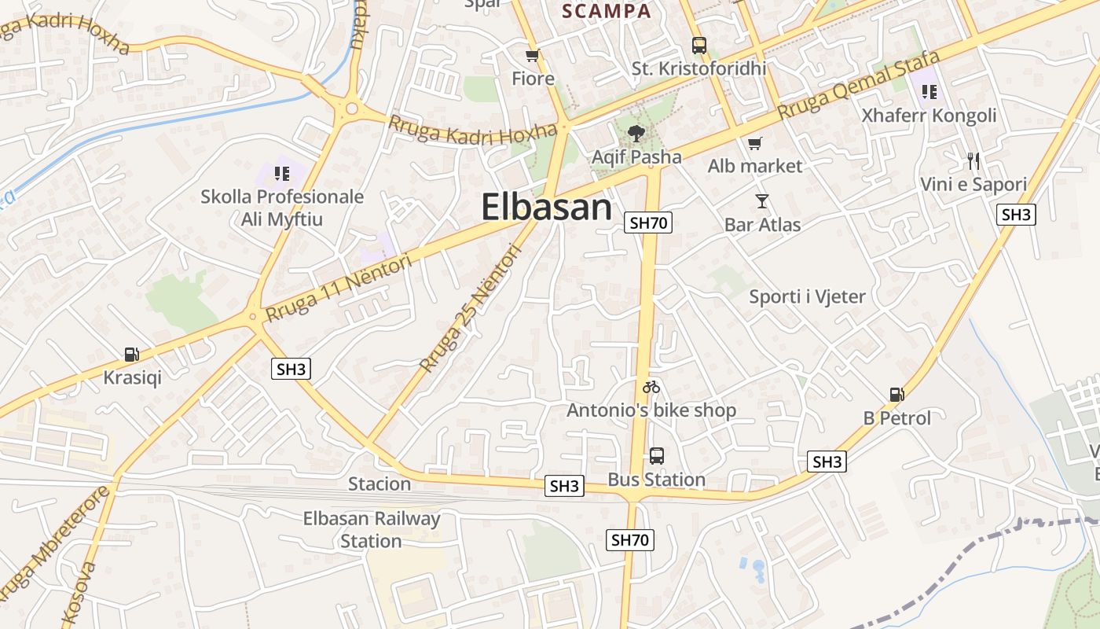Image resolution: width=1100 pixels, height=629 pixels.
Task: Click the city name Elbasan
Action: pyautogui.click(x=546, y=208)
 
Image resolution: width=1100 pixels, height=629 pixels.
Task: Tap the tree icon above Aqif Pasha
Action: pyautogui.click(x=636, y=134)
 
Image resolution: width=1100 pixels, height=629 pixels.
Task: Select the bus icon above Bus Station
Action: pyautogui.click(x=656, y=456)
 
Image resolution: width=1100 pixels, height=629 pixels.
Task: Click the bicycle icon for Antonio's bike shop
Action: pyautogui.click(x=651, y=387)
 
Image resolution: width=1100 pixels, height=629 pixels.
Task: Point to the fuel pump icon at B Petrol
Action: pyautogui.click(x=896, y=395)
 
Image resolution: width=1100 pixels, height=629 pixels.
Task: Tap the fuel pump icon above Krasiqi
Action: pyautogui.click(x=132, y=355)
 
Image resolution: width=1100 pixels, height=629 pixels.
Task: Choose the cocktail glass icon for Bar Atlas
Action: pyautogui.click(x=761, y=201)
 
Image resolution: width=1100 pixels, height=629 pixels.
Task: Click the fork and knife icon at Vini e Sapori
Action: pyautogui.click(x=973, y=162)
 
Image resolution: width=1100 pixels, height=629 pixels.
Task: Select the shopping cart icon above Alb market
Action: pyautogui.click(x=754, y=143)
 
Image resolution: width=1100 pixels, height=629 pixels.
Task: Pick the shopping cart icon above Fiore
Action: pyautogui.click(x=533, y=56)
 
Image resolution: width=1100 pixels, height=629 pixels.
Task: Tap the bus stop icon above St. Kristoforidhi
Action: pyautogui.click(x=698, y=46)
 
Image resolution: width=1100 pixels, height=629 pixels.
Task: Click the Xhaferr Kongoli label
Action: pyautogui.click(x=929, y=116)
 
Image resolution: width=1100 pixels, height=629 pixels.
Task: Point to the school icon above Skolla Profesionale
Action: pyautogui.click(x=281, y=173)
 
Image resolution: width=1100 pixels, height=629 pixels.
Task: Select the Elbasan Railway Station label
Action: pyautogui.click(x=372, y=529)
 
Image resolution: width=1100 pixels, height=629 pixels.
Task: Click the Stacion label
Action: pyautogui.click(x=379, y=484)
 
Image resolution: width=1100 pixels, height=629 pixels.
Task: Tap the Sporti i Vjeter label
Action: pyautogui.click(x=807, y=296)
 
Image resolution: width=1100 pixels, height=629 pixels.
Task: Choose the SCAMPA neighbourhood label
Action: pyautogui.click(x=607, y=11)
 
